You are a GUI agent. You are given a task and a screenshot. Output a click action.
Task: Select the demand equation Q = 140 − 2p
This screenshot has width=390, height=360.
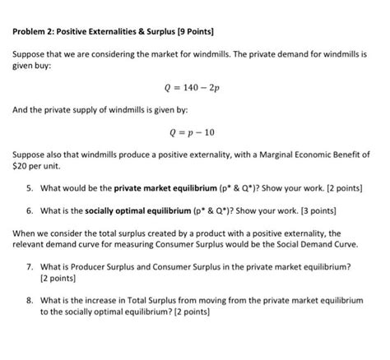pos(194,86)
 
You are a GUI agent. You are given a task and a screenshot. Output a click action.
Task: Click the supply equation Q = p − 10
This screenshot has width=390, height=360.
pos(194,131)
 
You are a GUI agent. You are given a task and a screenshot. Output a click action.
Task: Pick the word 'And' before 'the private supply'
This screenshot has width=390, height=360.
pos(21,108)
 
